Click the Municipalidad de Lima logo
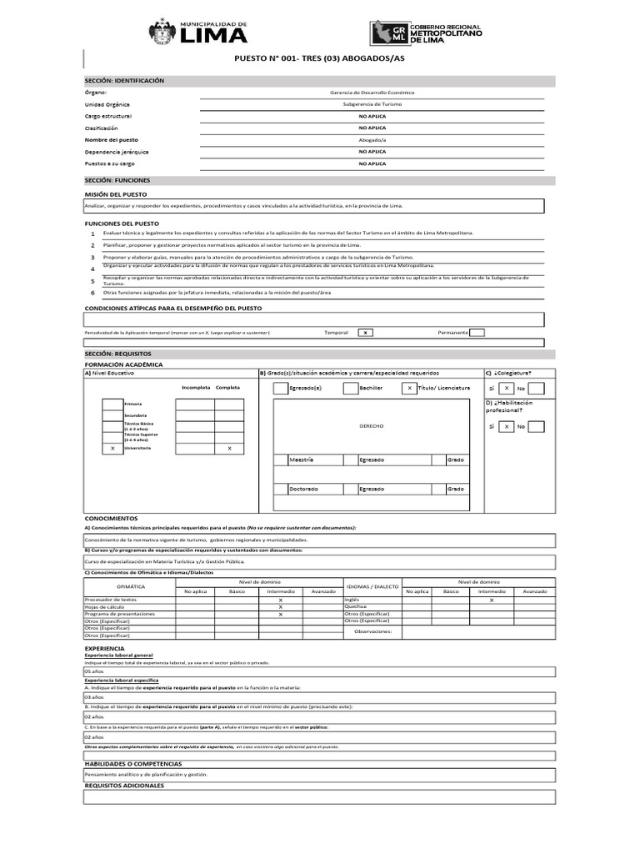coord(198,33)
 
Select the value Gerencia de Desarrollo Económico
coord(372,93)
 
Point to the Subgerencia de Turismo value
coord(372,104)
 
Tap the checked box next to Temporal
coord(364,333)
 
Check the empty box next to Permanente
coord(477,333)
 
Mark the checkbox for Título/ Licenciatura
coord(409,388)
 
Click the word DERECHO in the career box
coord(372,426)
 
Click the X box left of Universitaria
coord(112,448)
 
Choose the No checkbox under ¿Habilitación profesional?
coord(537,426)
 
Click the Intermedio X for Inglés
coord(491,600)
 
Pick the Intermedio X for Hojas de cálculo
coord(280,606)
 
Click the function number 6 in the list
coord(92,293)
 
